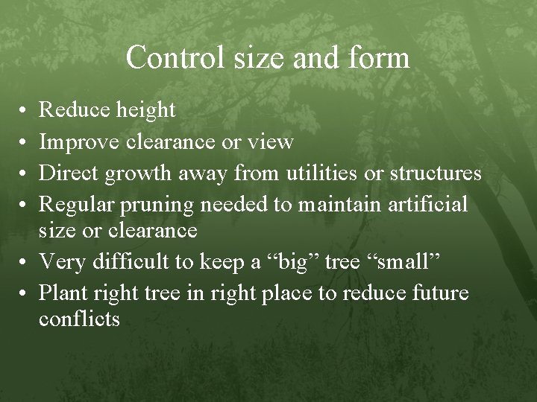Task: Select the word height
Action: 146,111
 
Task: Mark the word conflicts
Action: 79,319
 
